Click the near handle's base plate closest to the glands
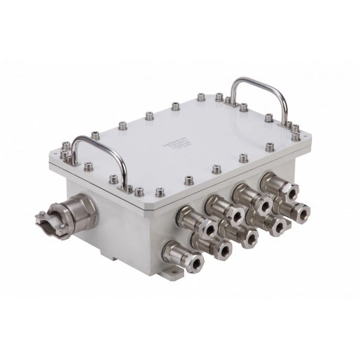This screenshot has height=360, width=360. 126,186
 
